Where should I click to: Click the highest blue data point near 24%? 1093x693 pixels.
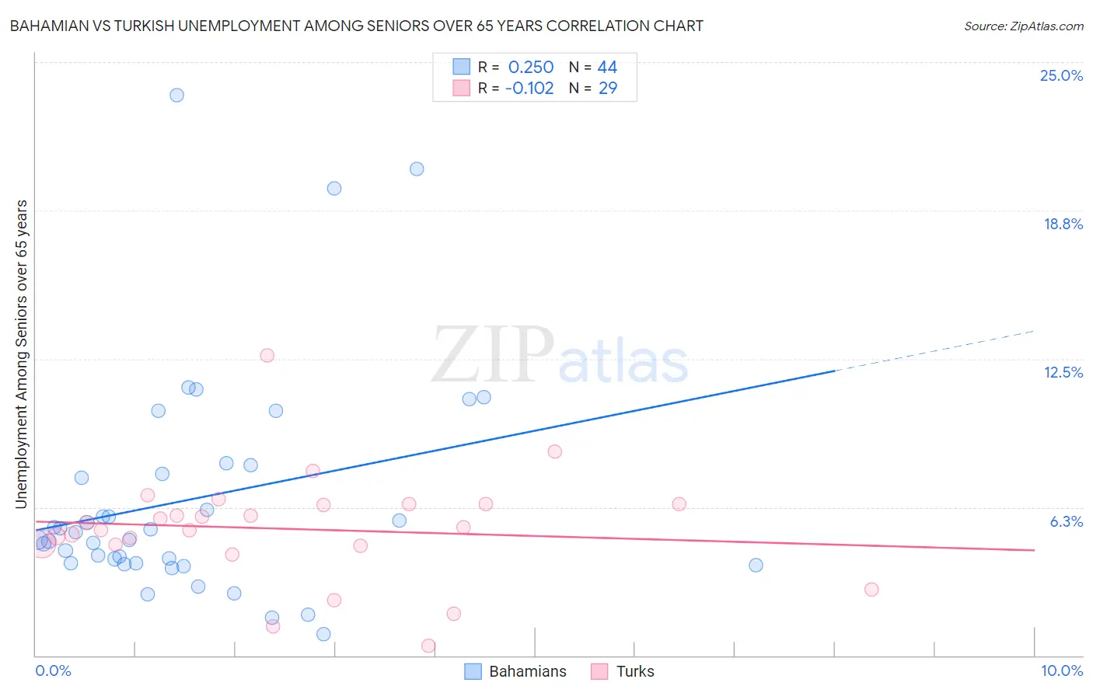[x=176, y=95]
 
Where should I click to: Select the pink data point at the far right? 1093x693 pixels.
[x=871, y=590]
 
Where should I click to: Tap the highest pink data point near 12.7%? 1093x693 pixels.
[x=267, y=355]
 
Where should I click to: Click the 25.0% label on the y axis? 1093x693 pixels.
[x=1061, y=75]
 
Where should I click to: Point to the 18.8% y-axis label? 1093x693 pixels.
[x=1063, y=224]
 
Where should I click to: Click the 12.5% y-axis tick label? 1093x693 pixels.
[x=1063, y=372]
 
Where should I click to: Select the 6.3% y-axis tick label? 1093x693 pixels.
[x=1067, y=521]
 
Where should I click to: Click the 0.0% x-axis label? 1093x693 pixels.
[x=53, y=670]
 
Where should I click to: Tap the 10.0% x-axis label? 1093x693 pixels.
[x=1061, y=670]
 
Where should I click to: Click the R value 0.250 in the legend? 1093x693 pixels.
[x=531, y=68]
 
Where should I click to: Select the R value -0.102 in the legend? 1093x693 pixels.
[x=529, y=88]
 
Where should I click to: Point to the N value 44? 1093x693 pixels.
[x=607, y=68]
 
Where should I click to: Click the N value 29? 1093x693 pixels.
[x=607, y=88]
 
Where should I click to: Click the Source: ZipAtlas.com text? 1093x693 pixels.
[x=1023, y=26]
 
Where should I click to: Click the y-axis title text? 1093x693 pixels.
[x=21, y=354]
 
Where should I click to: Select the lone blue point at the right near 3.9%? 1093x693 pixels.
[x=756, y=565]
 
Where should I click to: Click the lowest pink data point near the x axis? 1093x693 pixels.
[x=428, y=646]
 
